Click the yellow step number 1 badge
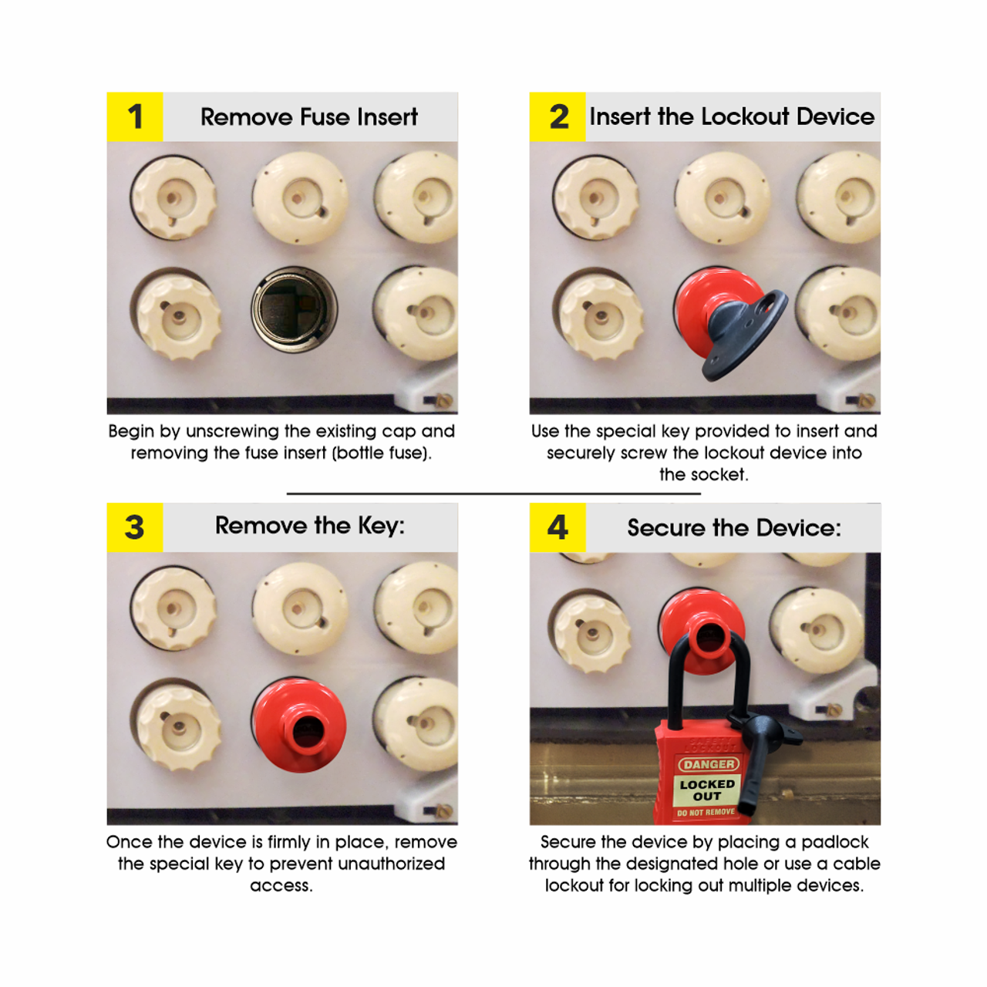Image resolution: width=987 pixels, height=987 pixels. tap(135, 117)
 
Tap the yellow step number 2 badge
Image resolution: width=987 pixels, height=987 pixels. tap(558, 117)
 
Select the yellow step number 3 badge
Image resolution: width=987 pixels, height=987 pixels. tap(135, 527)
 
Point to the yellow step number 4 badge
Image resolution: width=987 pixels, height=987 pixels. tap(558, 527)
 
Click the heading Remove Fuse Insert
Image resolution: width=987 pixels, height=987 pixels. tap(308, 117)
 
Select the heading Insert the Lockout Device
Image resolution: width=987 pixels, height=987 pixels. tap(732, 117)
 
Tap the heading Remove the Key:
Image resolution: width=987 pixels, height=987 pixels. tap(309, 526)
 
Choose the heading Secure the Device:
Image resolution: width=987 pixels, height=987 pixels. tap(733, 528)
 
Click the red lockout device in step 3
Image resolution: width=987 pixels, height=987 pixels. tap(299, 726)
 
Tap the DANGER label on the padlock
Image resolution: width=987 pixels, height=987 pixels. tap(709, 764)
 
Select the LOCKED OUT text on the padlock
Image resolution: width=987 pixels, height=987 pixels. tap(707, 790)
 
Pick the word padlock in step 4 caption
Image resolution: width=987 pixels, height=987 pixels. tap(835, 842)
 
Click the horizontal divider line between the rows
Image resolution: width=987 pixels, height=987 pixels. tap(493, 493)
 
